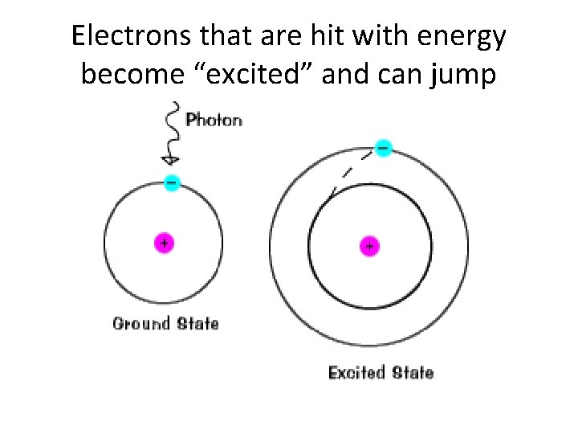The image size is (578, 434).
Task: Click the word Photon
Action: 214,121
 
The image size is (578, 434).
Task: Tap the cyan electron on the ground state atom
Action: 171,182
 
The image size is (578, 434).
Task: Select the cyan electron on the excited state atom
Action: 384,149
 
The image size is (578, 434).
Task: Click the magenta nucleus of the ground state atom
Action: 164,242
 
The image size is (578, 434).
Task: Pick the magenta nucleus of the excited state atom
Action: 369,247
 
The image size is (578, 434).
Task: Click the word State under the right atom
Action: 413,373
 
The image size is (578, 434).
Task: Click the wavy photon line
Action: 169,129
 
